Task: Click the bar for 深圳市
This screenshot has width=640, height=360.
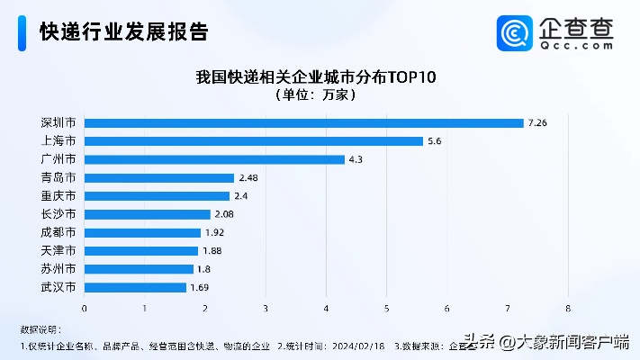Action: point(304,122)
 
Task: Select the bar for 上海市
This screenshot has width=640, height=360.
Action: point(254,141)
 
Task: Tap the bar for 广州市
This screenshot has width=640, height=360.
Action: point(215,159)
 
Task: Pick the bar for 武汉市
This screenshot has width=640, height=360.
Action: point(136,287)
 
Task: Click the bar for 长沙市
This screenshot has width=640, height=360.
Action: point(148,214)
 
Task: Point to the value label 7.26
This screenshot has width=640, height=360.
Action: point(538,122)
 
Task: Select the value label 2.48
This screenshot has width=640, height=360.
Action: point(249,178)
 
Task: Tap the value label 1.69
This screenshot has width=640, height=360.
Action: point(201,287)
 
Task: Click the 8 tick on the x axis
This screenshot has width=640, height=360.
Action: point(568,308)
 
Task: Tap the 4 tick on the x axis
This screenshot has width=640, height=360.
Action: point(326,308)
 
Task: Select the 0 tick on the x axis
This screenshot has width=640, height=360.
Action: point(85,308)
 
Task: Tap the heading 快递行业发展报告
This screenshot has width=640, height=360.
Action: point(124,32)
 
